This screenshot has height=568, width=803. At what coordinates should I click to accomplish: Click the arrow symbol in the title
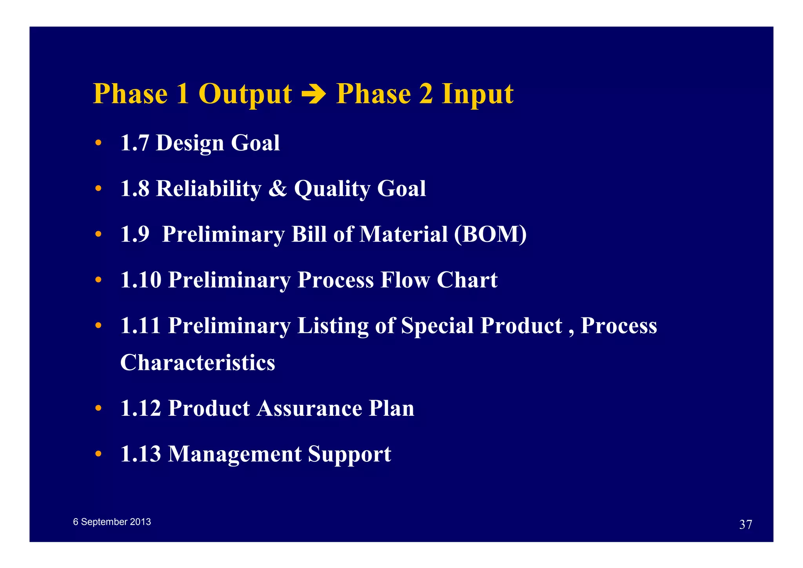314,95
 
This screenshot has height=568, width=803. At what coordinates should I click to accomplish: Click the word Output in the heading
245,95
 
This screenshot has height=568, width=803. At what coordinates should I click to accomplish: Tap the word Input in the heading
477,95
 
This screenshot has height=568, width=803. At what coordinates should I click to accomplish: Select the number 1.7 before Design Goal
134,143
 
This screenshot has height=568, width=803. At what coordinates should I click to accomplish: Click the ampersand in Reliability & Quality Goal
278,188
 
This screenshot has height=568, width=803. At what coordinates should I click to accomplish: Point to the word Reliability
209,188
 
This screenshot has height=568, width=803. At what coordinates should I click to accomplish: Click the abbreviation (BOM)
490,234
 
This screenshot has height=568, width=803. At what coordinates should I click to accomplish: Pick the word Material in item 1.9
403,234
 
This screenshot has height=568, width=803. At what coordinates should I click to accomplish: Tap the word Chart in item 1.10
467,280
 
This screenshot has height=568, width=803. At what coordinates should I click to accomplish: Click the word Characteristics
198,362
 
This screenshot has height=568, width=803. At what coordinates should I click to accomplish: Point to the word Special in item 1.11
437,326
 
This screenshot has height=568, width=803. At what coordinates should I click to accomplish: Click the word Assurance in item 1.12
309,408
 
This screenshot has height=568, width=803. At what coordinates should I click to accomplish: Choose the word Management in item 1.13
234,454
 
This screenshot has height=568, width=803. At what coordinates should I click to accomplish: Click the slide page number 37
745,524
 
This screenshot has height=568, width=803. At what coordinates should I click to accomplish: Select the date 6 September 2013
112,522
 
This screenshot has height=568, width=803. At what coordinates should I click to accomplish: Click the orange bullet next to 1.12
98,409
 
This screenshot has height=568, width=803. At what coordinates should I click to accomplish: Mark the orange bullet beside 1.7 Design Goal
98,143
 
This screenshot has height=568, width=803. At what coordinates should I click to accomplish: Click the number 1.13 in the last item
140,454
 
